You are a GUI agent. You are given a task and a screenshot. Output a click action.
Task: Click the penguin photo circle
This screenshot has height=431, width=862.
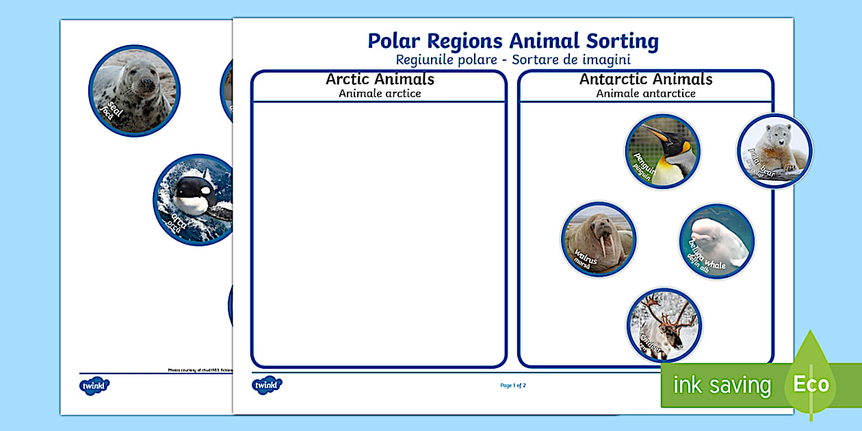click(662, 151)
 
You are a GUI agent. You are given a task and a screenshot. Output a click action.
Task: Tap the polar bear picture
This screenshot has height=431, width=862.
click(774, 151)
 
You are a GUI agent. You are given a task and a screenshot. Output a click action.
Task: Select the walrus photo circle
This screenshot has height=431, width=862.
click(599, 239)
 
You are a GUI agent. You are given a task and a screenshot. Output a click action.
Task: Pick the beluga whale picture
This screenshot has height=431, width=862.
click(716, 240)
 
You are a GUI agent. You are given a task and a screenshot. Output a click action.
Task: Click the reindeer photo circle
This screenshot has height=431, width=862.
click(664, 324)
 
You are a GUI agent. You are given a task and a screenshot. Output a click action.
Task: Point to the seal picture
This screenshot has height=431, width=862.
click(133, 90)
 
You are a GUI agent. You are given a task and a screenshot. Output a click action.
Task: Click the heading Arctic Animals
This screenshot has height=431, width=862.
click(380, 79)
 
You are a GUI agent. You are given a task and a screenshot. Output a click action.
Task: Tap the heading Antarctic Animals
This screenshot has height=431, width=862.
click(646, 79)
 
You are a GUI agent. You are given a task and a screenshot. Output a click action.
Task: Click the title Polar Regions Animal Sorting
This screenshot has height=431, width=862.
click(513, 41)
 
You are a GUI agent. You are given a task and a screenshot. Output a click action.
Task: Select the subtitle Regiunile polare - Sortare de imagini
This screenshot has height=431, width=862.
click(513, 60)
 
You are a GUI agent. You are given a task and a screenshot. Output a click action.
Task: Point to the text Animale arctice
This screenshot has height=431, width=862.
click(380, 94)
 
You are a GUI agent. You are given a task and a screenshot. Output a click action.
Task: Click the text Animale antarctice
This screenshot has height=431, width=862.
click(646, 94)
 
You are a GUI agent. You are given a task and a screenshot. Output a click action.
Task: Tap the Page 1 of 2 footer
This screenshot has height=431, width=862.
click(513, 385)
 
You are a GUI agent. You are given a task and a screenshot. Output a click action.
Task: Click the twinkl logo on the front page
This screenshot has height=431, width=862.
click(267, 385)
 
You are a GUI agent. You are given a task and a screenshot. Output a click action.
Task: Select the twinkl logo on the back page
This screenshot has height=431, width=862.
click(94, 385)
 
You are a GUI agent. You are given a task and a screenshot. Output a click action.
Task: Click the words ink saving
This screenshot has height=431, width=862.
click(722, 385)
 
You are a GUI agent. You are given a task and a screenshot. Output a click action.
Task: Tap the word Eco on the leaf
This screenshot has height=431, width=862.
click(811, 384)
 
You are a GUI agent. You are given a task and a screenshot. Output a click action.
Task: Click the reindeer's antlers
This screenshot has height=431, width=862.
click(662, 308)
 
